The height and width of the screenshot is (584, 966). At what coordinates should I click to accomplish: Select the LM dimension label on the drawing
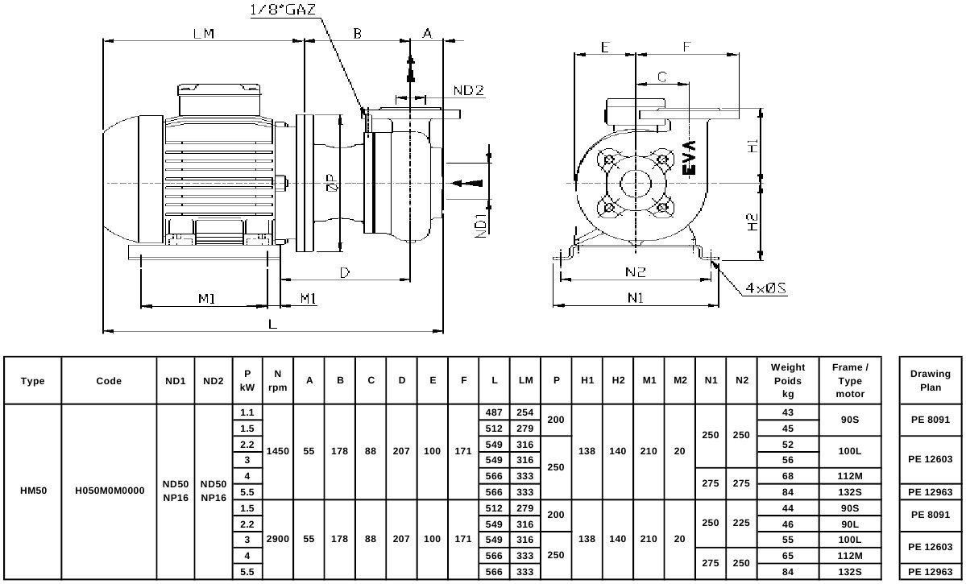pyautogui.click(x=203, y=33)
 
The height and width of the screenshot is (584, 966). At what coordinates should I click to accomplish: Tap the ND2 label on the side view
pyautogui.click(x=469, y=90)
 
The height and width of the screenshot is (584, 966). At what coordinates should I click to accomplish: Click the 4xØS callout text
pyautogui.click(x=765, y=288)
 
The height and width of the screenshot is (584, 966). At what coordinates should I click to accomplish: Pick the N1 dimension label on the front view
pyautogui.click(x=635, y=297)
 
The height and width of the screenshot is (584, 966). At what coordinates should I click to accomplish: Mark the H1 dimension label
pyautogui.click(x=752, y=146)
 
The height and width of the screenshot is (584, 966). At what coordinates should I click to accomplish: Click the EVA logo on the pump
pyautogui.click(x=690, y=157)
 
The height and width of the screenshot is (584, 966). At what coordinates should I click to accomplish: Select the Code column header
pyautogui.click(x=109, y=381)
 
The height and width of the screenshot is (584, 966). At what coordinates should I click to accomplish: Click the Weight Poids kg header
pyautogui.click(x=787, y=381)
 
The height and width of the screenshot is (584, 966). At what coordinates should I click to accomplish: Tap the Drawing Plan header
pyautogui.click(x=931, y=380)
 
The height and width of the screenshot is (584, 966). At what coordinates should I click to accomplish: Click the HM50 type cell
pyautogui.click(x=33, y=491)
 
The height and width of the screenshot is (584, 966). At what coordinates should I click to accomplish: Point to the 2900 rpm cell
pyautogui.click(x=277, y=539)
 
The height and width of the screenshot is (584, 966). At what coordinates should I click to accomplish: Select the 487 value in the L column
pyautogui.click(x=494, y=412)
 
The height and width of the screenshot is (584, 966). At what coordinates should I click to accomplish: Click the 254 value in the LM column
pyautogui.click(x=524, y=412)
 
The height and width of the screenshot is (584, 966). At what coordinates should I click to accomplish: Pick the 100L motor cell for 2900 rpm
pyautogui.click(x=849, y=540)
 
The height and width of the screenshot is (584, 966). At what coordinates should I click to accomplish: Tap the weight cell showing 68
pyautogui.click(x=787, y=476)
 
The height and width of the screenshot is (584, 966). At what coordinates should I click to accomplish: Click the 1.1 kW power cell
pyautogui.click(x=247, y=412)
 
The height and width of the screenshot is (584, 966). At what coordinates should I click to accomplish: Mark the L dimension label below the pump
pyautogui.click(x=273, y=324)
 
